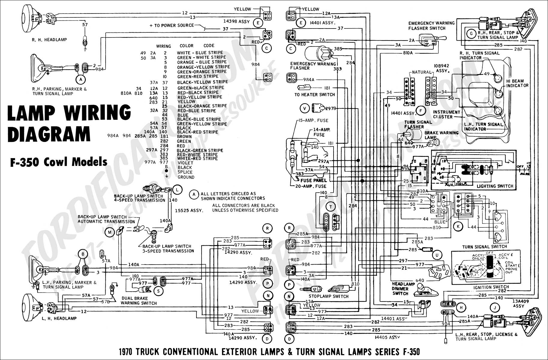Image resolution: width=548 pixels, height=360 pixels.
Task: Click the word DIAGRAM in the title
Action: [49, 134]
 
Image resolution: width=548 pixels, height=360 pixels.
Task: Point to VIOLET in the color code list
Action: [185, 163]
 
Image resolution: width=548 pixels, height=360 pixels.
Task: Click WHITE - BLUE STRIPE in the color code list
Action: [200, 52]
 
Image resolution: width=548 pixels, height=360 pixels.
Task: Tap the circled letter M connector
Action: [109, 232]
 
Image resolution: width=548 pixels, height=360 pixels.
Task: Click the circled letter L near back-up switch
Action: [178, 190]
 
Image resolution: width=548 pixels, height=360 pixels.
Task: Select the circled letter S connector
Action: [158, 290]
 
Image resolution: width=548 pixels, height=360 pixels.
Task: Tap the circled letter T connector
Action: [331, 207]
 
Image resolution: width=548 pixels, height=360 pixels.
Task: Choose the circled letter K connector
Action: [458, 226]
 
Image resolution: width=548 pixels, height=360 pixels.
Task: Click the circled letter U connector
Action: [437, 255]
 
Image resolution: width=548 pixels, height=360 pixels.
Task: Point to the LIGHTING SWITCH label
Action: [495, 186]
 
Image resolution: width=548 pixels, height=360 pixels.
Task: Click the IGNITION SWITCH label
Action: [491, 287]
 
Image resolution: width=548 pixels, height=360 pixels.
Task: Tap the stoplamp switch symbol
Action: [314, 289]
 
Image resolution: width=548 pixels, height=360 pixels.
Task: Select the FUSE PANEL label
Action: [313, 180]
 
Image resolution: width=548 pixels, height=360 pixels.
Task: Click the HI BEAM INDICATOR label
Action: [517, 83]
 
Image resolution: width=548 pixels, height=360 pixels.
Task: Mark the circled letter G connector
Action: [471, 34]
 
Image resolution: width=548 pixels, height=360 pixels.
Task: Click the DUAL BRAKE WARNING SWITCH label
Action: [139, 301]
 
